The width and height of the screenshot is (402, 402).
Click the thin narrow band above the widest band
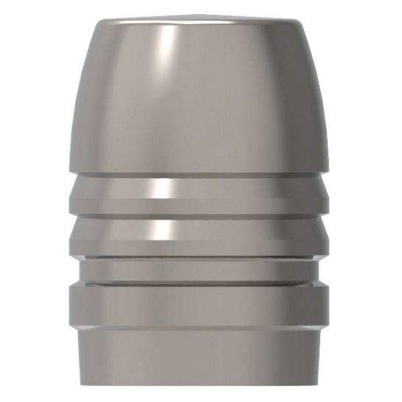pos(200,271)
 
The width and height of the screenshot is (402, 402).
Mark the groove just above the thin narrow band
pos(200,258)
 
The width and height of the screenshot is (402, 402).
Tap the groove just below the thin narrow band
pos(200,283)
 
